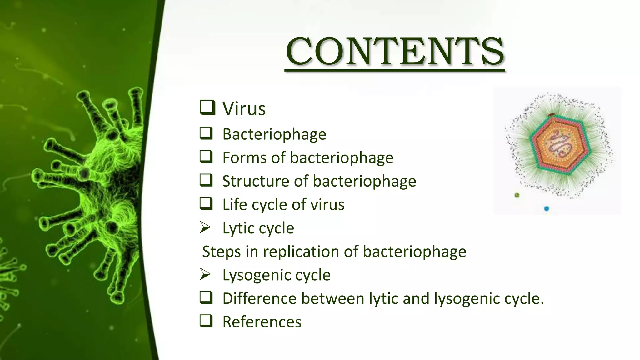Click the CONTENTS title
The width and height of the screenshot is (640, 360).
pos(395,52)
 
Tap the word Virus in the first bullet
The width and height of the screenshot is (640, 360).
pos(244,109)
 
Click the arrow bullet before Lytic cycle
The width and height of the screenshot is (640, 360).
pos(205,227)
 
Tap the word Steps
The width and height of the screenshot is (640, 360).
pos(221,252)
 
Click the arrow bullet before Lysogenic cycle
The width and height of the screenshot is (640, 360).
pos(205,274)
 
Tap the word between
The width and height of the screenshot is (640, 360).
pos(333,298)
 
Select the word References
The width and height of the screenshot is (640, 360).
pos(262,322)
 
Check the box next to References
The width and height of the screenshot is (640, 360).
pos(206,321)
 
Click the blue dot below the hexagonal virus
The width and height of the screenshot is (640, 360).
pos(546,208)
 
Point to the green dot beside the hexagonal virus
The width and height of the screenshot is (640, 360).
pos(517,195)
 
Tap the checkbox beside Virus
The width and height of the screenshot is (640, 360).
pos(207,107)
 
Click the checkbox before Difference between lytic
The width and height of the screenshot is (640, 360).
pos(206,297)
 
